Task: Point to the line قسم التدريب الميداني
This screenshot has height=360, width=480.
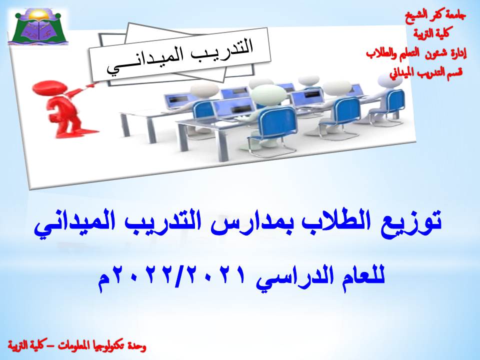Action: pyautogui.click(x=425, y=72)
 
